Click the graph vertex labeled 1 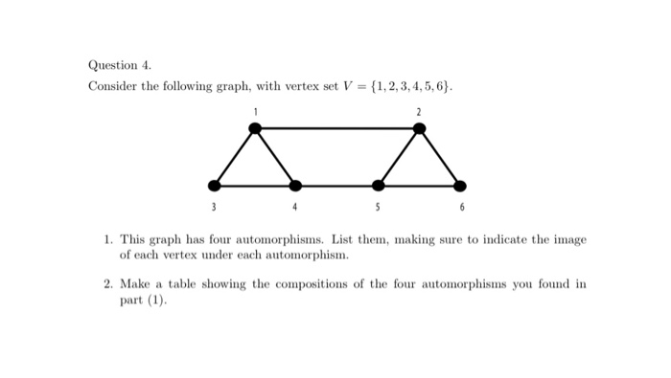coord(254,127)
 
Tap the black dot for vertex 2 coord(419,127)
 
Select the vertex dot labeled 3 coord(213,185)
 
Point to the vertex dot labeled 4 coord(295,185)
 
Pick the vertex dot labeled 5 coord(378,185)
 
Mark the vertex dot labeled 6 coord(460,185)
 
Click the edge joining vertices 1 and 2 coord(336,127)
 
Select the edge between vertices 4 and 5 coord(336,185)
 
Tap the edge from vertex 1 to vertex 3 coord(233,156)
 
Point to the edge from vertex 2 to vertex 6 coord(440,156)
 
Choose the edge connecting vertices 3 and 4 coord(254,185)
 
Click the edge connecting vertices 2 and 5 coord(398,156)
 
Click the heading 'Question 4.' coord(120,66)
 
